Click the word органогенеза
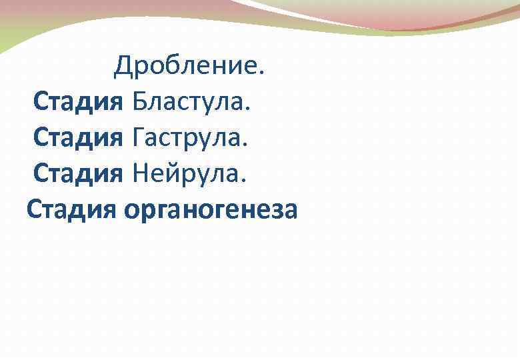(x=211, y=211)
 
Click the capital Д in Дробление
(x=122, y=66)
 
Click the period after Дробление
(x=261, y=73)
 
